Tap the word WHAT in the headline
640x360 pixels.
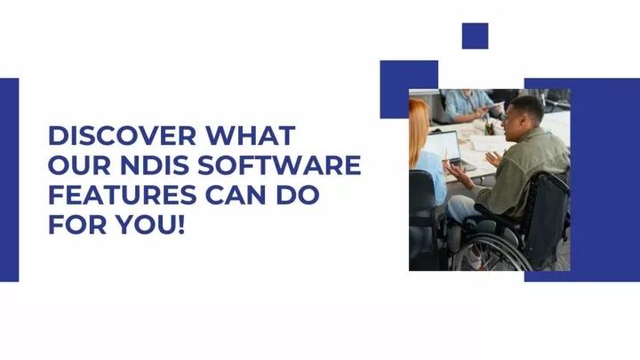click(250, 135)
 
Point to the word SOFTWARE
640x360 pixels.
click(280, 165)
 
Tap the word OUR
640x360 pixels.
click(80, 165)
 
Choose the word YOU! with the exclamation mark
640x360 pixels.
click(150, 225)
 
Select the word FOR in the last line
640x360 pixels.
click(77, 225)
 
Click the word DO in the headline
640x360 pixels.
click(298, 195)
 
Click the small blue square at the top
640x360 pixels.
click(475, 36)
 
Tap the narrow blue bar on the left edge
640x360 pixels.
click(10, 180)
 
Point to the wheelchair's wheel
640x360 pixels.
click(490, 254)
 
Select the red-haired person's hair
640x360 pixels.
click(418, 131)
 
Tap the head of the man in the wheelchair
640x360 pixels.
click(524, 116)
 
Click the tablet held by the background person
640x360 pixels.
click(495, 105)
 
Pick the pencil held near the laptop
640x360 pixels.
click(446, 155)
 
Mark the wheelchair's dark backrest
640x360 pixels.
click(546, 220)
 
